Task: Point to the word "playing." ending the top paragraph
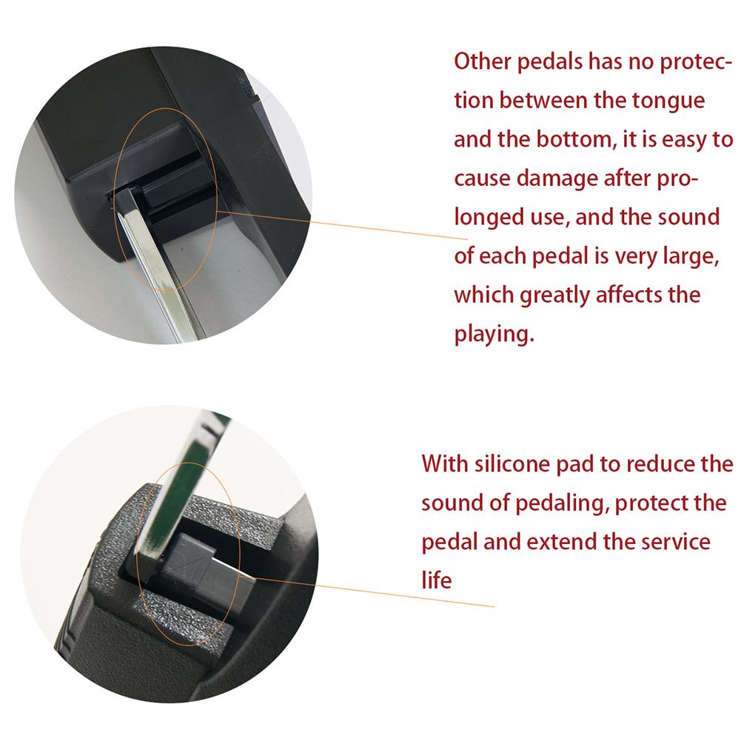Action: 494,334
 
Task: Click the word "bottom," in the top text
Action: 576,139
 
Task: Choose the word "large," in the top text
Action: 691,256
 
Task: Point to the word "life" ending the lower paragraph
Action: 436,580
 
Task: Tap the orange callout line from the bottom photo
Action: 373,591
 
